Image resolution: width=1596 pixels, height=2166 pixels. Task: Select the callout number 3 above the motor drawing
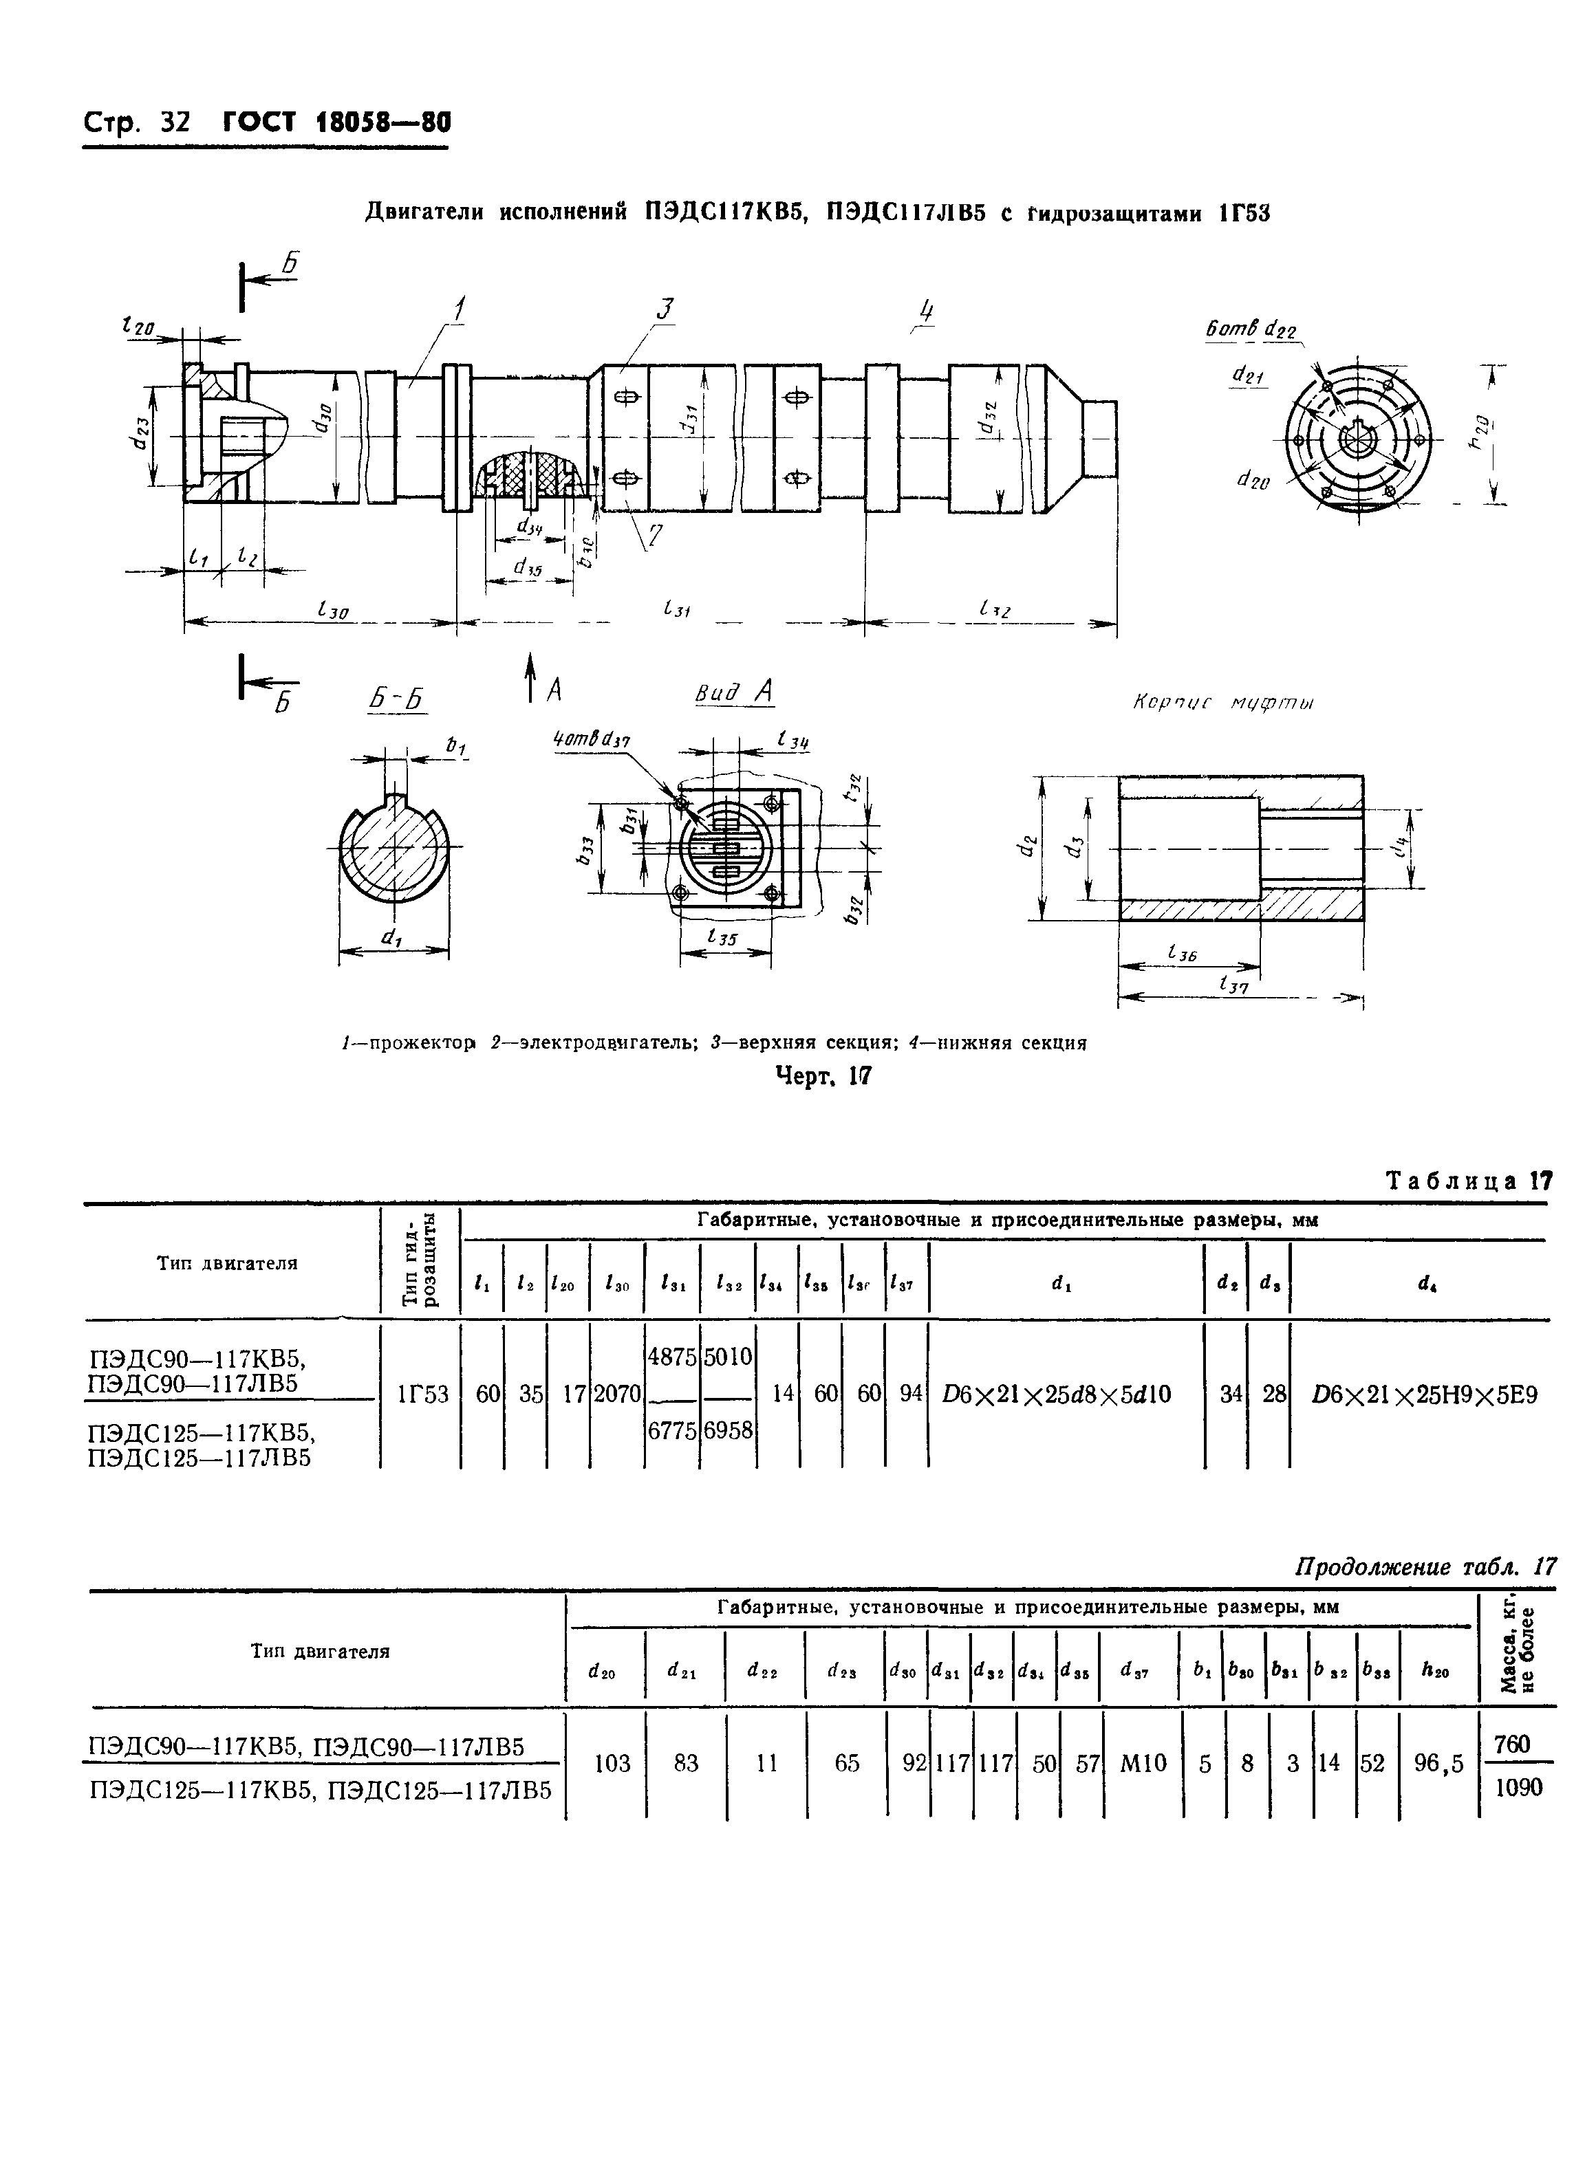pyautogui.click(x=665, y=309)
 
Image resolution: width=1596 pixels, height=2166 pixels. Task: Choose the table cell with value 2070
pyautogui.click(x=616, y=1394)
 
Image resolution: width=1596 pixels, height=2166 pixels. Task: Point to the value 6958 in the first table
pyautogui.click(x=727, y=1431)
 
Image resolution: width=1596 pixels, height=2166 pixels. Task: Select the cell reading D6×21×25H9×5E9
pyautogui.click(x=1424, y=1394)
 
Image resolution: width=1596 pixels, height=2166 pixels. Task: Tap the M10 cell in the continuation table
pyautogui.click(x=1143, y=1763)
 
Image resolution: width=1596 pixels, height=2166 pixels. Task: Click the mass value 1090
pyautogui.click(x=1518, y=1786)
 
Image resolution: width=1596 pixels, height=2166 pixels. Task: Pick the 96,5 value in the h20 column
pyautogui.click(x=1438, y=1763)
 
